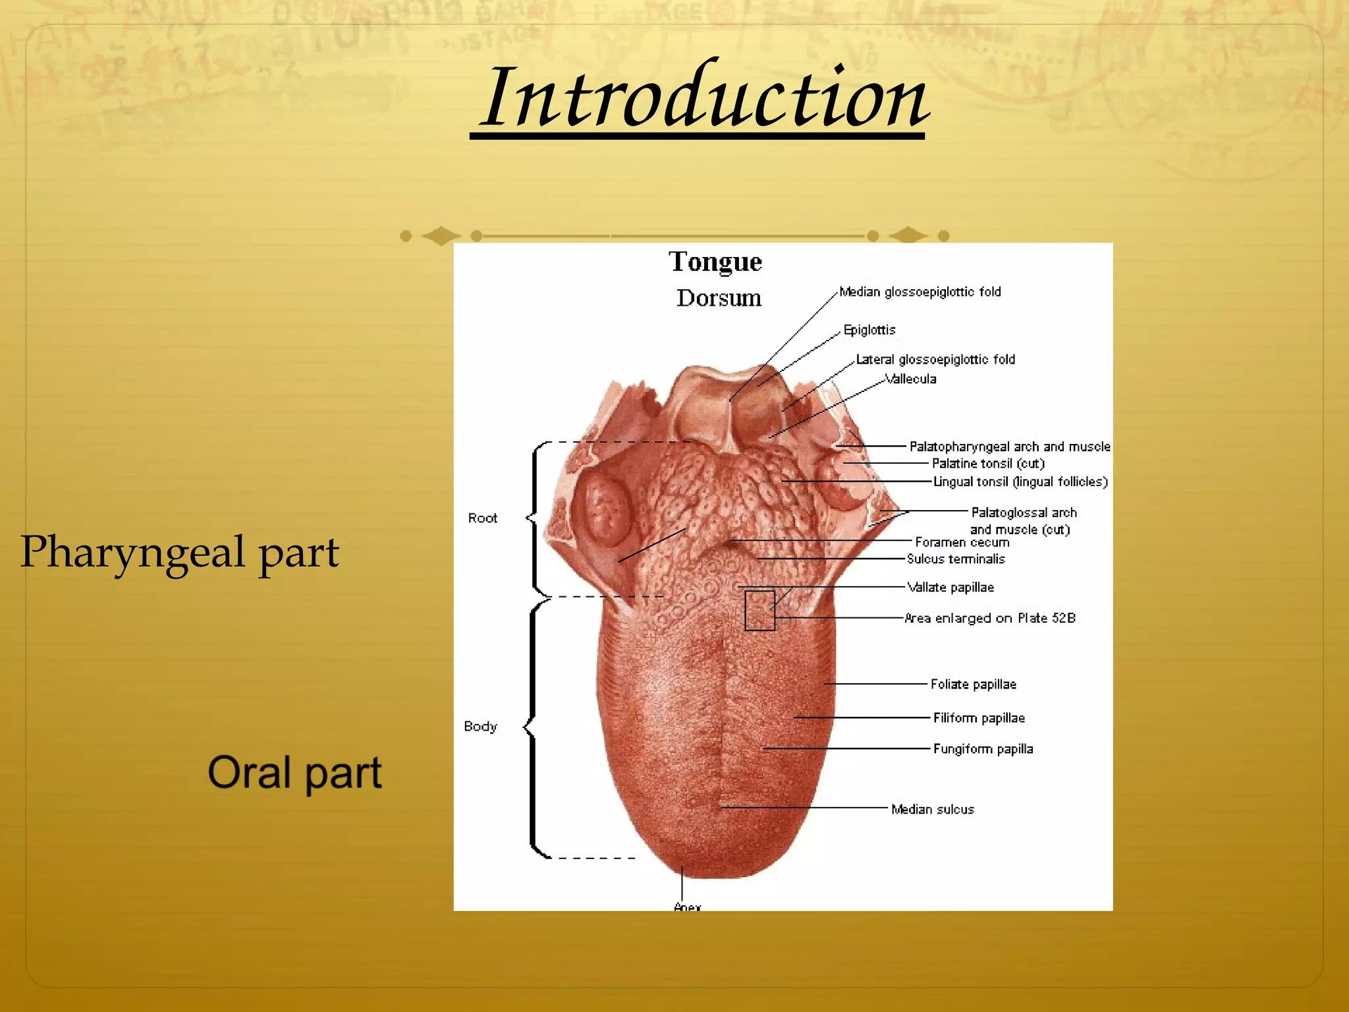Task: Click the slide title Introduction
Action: [703, 99]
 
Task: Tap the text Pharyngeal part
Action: [179, 552]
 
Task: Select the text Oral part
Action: [294, 772]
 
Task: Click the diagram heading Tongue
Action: [715, 262]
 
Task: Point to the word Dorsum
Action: [719, 298]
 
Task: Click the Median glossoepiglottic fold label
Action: [920, 292]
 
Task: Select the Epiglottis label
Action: [869, 329]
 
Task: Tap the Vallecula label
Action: [910, 379]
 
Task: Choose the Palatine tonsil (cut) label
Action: [987, 463]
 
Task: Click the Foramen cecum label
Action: [962, 542]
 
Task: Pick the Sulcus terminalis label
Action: [956, 559]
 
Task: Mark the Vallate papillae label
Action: [950, 587]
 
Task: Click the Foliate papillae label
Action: [973, 684]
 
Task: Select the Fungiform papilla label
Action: [983, 748]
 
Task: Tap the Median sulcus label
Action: [932, 809]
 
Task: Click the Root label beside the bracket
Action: [482, 518]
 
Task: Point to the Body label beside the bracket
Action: [480, 726]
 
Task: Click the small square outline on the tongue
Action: [759, 611]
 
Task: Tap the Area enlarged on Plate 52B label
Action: [989, 618]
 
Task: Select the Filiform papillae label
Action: [979, 717]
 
